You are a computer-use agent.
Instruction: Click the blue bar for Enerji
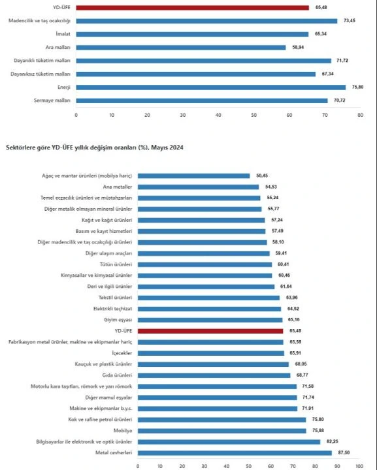tap(211, 87)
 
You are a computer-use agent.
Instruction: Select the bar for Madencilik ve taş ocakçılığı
tap(206, 21)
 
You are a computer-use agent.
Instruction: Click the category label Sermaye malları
tap(52, 101)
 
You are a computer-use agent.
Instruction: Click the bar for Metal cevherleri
tap(235, 452)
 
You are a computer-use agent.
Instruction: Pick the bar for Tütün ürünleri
tap(205, 264)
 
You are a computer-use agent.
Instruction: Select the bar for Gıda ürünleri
tap(214, 375)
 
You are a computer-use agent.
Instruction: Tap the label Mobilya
tap(122, 430)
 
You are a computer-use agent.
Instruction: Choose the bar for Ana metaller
tap(198, 187)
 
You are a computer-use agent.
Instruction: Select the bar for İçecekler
tap(211, 353)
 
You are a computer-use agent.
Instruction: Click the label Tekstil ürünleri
tap(115, 298)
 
